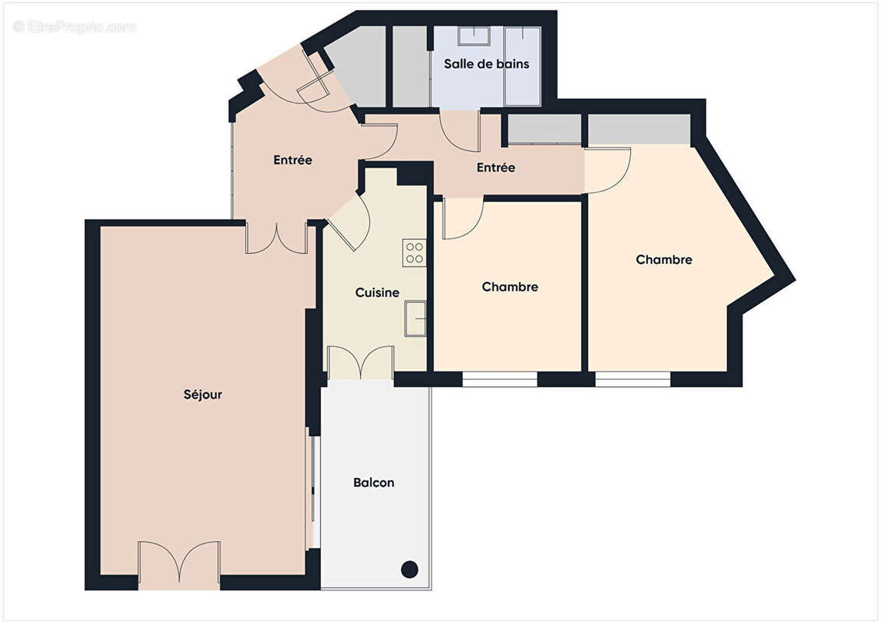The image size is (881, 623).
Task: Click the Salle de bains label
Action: point(486,64)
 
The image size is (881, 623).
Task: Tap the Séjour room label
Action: point(203,395)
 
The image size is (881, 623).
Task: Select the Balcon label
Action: point(374,483)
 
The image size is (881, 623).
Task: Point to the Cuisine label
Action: point(377,293)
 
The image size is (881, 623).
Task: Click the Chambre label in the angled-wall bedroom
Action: point(664,260)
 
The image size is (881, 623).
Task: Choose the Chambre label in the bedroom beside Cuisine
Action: point(509,287)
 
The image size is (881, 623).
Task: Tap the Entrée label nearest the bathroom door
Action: point(495,167)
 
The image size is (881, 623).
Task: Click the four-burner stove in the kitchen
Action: point(414,253)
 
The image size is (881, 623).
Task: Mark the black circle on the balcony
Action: point(409,569)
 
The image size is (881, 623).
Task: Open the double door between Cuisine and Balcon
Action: point(360,364)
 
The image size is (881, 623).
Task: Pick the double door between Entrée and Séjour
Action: point(277,238)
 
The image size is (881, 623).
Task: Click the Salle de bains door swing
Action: point(459,131)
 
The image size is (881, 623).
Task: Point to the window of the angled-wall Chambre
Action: point(633,379)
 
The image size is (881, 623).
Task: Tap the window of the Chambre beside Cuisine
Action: point(499,379)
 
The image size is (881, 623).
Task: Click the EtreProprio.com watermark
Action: point(75,26)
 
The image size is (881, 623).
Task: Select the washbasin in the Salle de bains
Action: point(471,37)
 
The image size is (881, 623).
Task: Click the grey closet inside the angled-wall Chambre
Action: point(639,129)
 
